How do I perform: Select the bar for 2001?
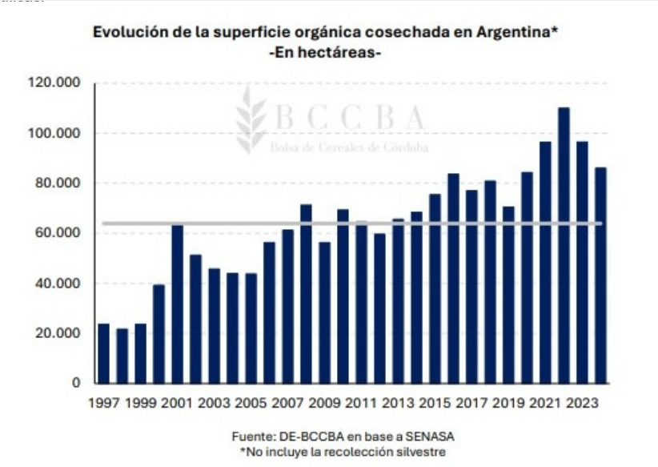point(177,304)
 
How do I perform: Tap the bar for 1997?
point(103,353)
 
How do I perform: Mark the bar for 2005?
point(251,328)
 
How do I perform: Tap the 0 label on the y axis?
point(77,383)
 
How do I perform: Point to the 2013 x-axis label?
point(397,401)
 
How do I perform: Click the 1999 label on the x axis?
point(140,401)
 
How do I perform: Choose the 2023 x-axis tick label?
point(582,401)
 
